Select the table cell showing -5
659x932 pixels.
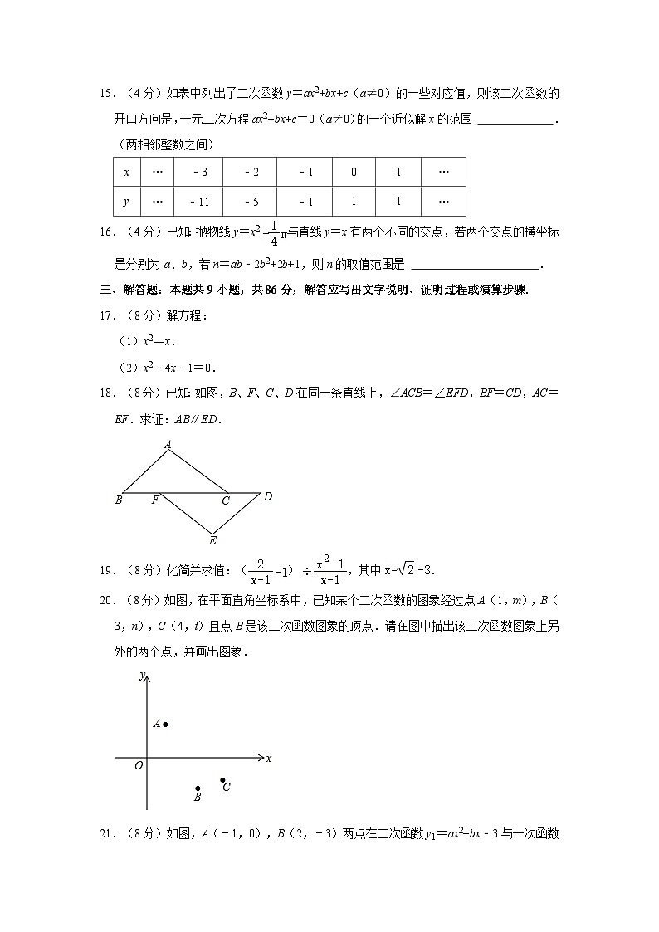(252, 202)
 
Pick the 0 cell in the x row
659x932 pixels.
(354, 173)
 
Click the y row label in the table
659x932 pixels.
(126, 202)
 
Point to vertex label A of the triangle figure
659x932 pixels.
(168, 445)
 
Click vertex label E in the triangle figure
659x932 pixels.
(212, 541)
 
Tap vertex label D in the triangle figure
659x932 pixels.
(267, 496)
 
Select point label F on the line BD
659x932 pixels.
(154, 500)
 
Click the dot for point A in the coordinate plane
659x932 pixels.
(166, 725)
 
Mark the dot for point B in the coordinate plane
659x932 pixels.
(198, 788)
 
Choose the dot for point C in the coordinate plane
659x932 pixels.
(222, 780)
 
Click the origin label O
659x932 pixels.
(139, 765)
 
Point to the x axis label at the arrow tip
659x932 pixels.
(269, 758)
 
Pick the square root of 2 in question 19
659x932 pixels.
(407, 570)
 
